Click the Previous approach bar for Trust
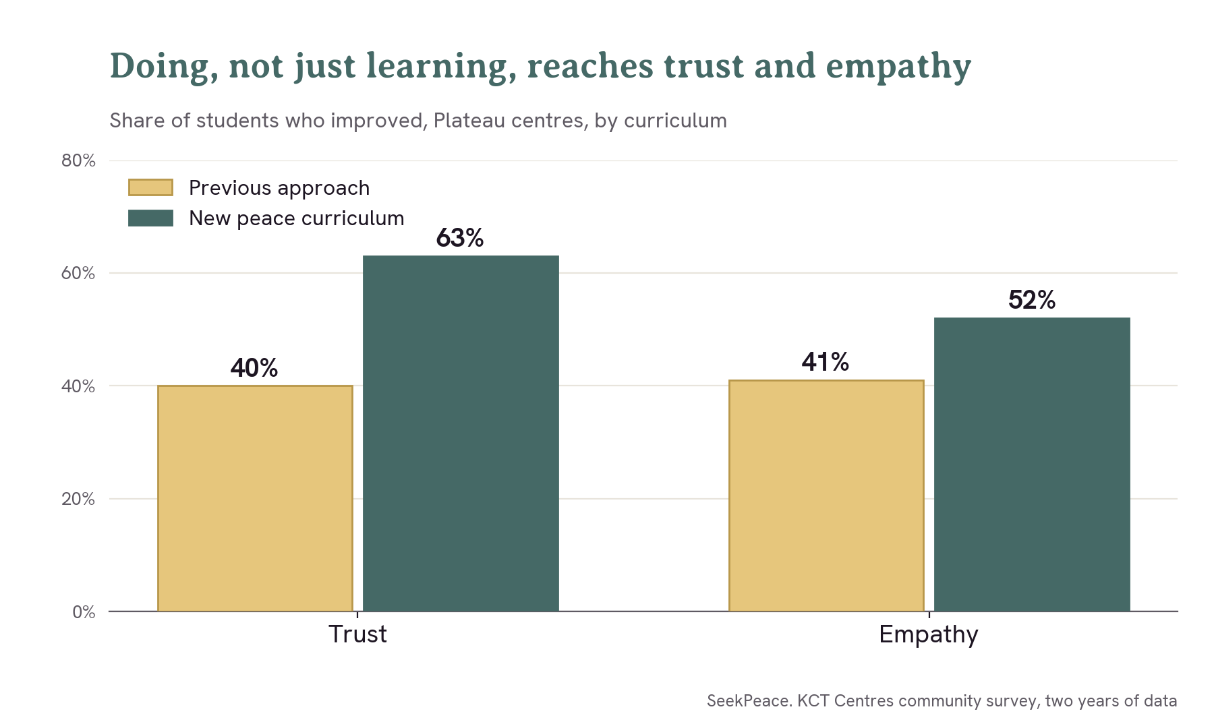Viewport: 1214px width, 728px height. (x=255, y=498)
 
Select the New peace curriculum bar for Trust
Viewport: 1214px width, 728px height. (x=461, y=433)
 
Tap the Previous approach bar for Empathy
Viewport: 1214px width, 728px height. (x=826, y=495)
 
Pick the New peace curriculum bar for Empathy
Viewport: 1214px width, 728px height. (x=1032, y=464)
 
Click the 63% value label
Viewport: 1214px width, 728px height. (x=460, y=238)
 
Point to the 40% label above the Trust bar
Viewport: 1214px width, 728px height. (x=254, y=368)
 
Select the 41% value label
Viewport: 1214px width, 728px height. (x=826, y=362)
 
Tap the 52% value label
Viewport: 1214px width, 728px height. (x=1032, y=300)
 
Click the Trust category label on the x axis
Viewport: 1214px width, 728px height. (x=357, y=634)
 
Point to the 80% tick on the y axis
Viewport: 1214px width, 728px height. (x=78, y=160)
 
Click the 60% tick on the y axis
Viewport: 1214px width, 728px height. (x=78, y=273)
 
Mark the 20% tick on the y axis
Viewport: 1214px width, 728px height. (x=78, y=499)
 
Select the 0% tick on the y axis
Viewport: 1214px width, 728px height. (x=84, y=612)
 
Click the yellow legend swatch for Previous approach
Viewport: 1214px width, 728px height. (x=150, y=187)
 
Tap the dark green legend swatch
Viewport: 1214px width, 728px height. (x=150, y=218)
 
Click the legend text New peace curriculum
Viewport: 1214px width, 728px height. (x=297, y=218)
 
